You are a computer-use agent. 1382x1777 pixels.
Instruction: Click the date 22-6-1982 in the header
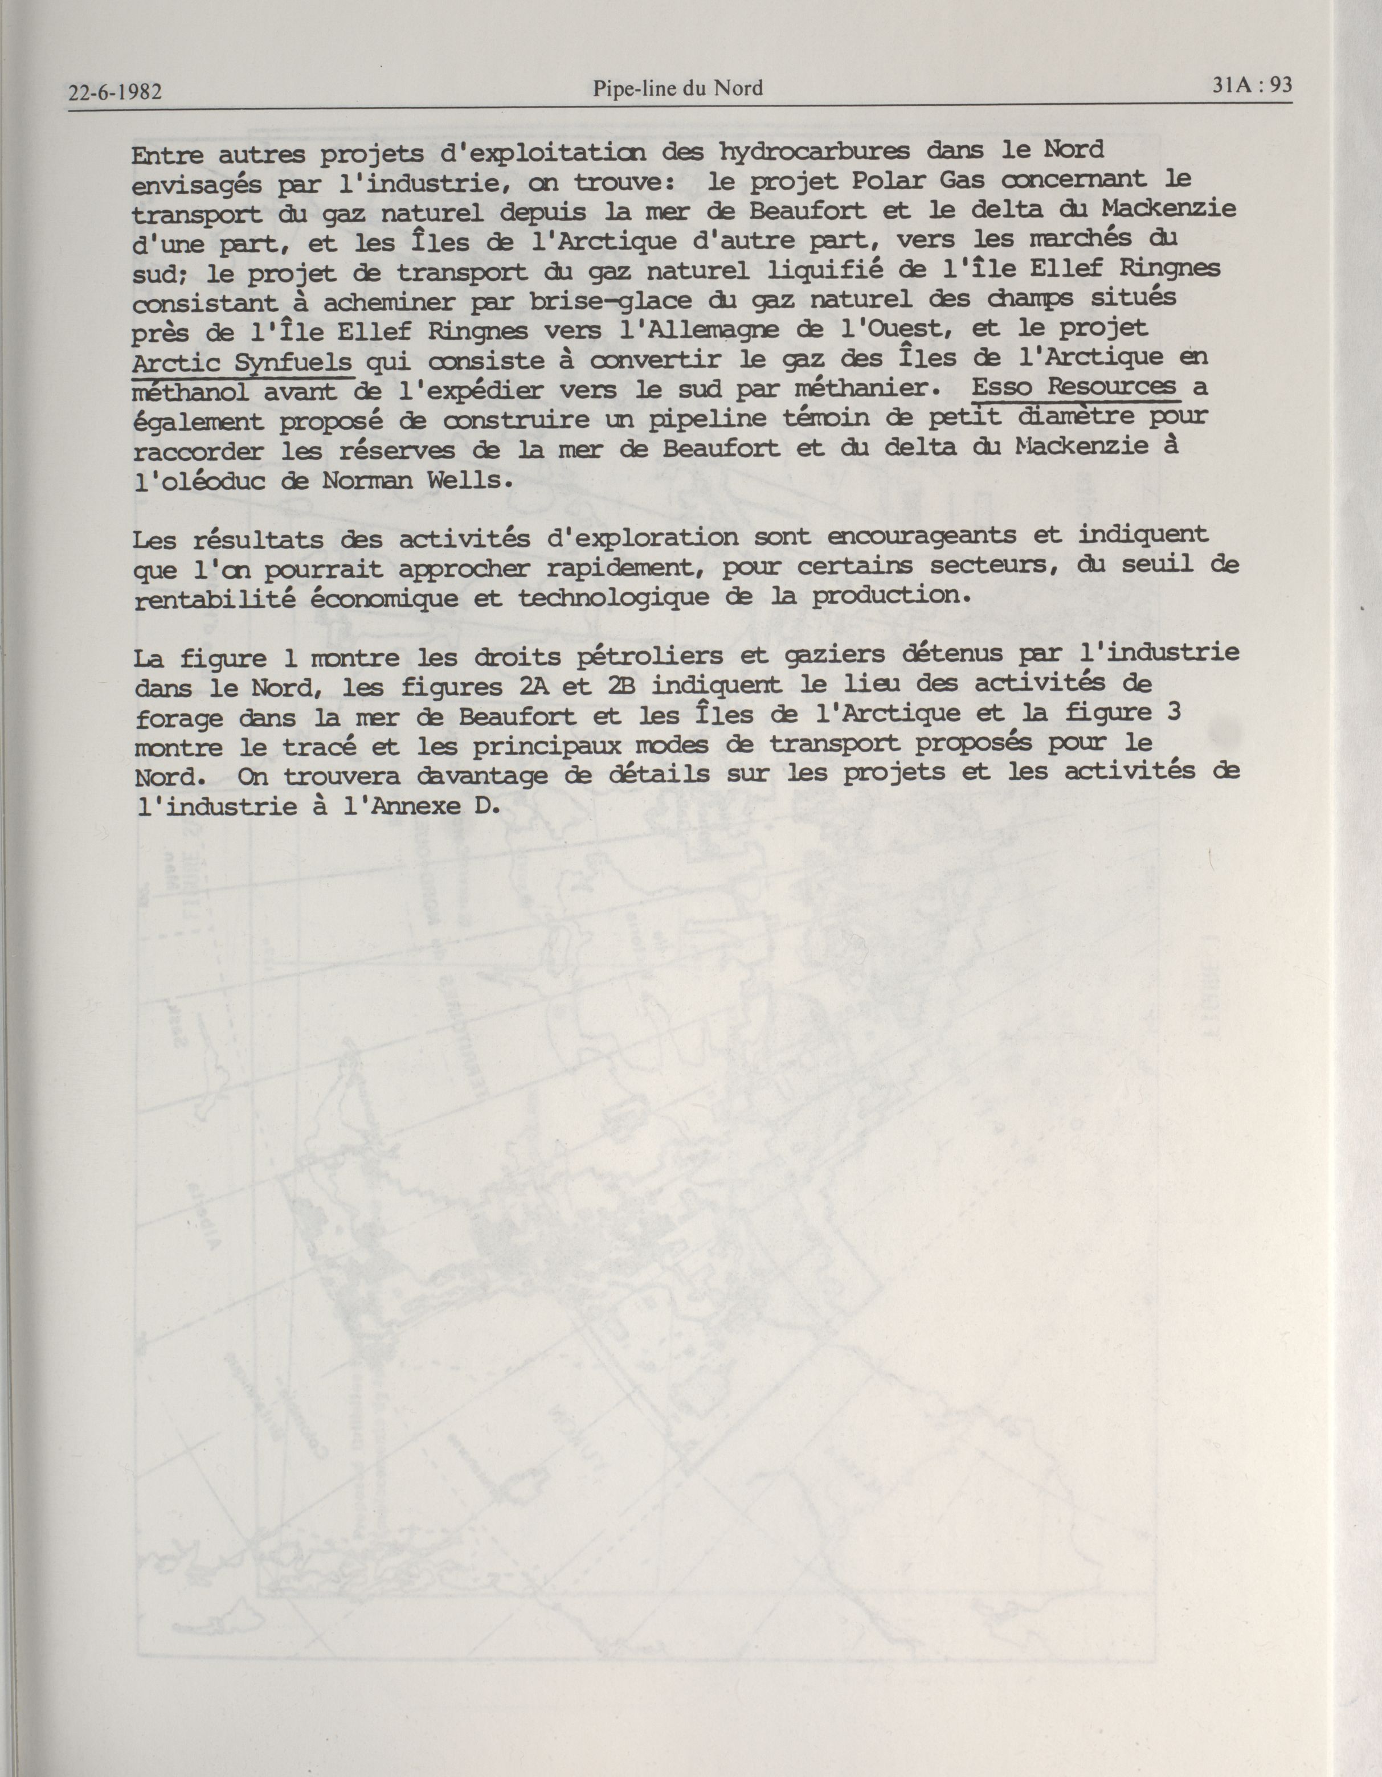tap(115, 92)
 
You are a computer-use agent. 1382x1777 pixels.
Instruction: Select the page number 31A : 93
tap(1252, 85)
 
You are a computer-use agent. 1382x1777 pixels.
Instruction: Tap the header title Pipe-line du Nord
tap(678, 88)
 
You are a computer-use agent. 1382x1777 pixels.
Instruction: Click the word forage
tap(179, 718)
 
